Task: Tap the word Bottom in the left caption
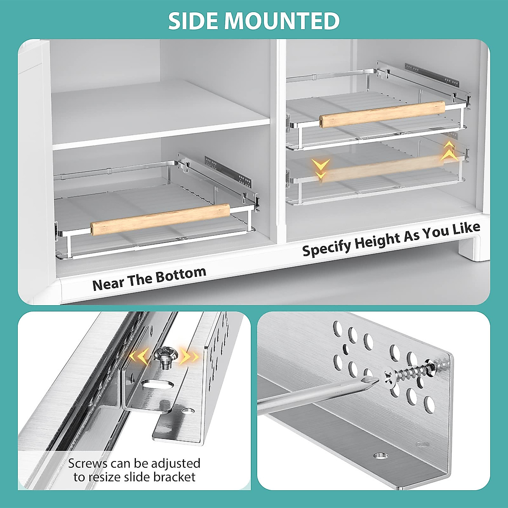click(x=183, y=275)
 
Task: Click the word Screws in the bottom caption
click(x=88, y=463)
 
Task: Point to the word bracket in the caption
click(x=174, y=477)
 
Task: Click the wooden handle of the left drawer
click(x=160, y=219)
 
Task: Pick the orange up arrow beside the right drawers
click(x=448, y=151)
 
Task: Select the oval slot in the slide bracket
click(x=154, y=384)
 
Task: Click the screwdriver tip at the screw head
click(x=375, y=380)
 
